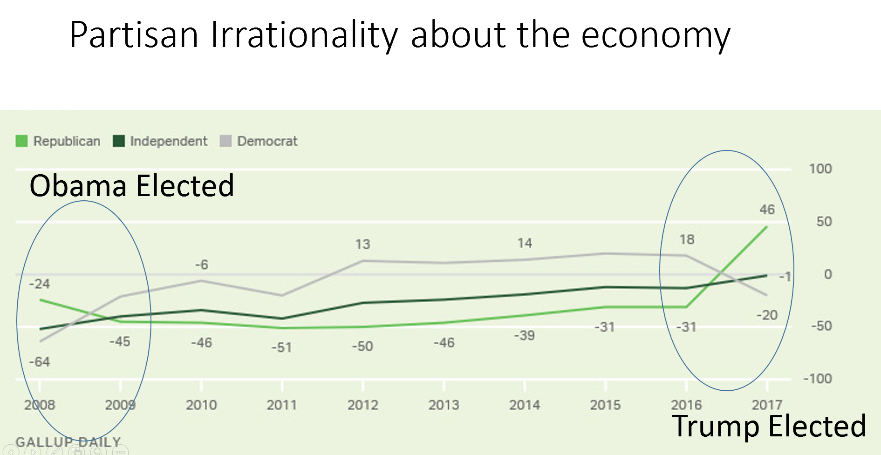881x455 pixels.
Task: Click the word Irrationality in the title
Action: point(304,35)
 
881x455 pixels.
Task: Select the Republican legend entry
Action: point(58,141)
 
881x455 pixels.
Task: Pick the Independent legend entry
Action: point(160,141)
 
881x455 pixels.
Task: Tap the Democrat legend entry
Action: point(259,141)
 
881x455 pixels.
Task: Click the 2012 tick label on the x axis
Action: point(362,405)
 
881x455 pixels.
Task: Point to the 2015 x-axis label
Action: point(605,405)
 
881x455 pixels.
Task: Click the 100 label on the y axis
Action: point(820,169)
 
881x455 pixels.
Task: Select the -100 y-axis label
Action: point(818,379)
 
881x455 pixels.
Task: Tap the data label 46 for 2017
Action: point(767,210)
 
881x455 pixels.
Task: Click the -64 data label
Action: point(40,362)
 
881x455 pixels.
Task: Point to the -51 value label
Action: point(281,347)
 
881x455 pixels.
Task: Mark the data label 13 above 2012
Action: point(362,244)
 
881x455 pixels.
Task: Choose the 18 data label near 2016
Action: point(687,240)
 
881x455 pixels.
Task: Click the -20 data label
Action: point(767,315)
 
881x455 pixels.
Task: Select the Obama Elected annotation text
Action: point(132,186)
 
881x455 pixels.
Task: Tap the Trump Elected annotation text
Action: point(769,426)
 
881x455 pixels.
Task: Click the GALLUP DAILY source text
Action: point(68,441)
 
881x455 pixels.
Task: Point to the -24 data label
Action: point(40,284)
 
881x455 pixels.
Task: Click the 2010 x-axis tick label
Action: point(201,405)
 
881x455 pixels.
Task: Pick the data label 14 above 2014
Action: point(525,243)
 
